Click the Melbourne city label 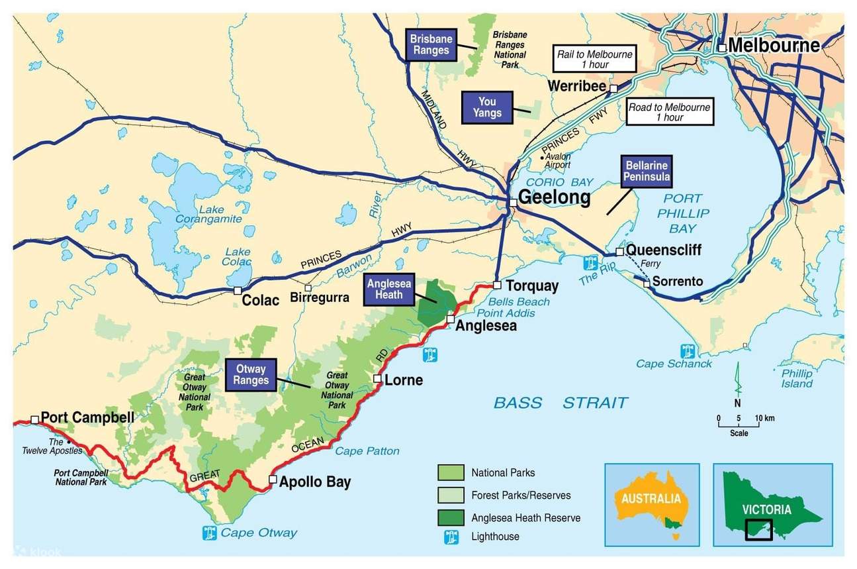(x=774, y=45)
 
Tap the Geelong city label (x=554, y=197)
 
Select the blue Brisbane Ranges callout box (x=431, y=44)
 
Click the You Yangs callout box (x=487, y=107)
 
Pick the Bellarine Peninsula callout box (x=647, y=171)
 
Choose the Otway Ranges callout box (x=250, y=375)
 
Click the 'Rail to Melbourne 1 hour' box (x=594, y=60)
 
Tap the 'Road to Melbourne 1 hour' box (x=669, y=112)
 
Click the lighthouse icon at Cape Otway (x=210, y=532)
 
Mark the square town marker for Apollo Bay (x=273, y=479)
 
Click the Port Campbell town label (x=87, y=418)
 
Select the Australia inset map (x=651, y=504)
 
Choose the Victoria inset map (x=772, y=504)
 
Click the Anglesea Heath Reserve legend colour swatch (x=450, y=516)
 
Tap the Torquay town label (x=531, y=286)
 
